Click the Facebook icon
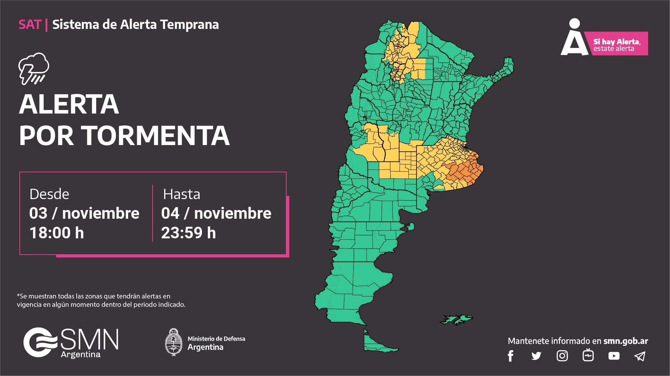click(510, 356)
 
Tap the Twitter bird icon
click(536, 356)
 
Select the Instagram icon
click(562, 356)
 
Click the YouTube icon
click(614, 356)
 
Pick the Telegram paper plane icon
click(640, 356)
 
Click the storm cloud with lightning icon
click(34, 69)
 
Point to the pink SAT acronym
click(30, 25)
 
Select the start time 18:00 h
click(57, 233)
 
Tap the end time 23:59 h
click(188, 233)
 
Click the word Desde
click(49, 194)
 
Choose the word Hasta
click(182, 194)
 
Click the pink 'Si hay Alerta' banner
click(617, 44)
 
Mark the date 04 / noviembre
click(216, 214)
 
